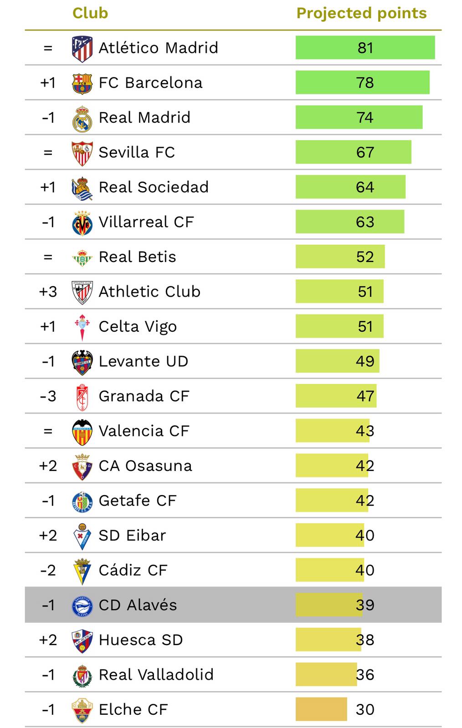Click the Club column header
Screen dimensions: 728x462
coord(90,13)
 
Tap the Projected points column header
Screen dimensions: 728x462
coord(361,13)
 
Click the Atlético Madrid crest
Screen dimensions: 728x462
coord(82,48)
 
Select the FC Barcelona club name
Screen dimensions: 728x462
coord(150,83)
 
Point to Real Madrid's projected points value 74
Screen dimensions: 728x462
coord(365,117)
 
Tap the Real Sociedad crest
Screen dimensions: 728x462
coord(82,187)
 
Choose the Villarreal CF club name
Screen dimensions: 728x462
coord(146,222)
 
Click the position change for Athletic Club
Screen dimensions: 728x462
coord(48,292)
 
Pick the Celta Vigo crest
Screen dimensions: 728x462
coord(82,327)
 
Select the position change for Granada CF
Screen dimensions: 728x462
coord(48,396)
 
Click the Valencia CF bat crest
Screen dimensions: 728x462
coord(82,431)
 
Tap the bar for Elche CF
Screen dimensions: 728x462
coord(321,709)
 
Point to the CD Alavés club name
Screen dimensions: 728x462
coord(138,605)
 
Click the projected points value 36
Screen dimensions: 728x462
coord(365,674)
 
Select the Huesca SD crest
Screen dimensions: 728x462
coord(82,640)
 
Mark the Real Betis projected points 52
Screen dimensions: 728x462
coord(365,257)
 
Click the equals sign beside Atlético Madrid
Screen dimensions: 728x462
coord(48,48)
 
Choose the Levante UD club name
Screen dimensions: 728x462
coord(144,361)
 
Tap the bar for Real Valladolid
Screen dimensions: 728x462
coord(326,674)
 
